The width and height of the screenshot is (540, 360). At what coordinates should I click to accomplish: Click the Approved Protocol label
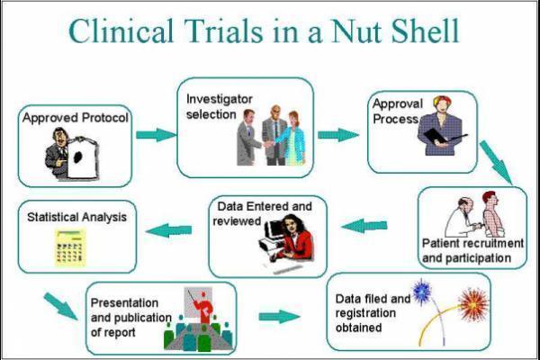click(76, 117)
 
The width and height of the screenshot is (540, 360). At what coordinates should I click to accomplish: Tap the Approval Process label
click(397, 112)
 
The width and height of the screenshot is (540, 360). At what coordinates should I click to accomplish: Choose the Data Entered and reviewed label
click(262, 213)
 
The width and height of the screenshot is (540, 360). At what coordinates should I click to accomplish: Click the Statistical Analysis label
click(76, 217)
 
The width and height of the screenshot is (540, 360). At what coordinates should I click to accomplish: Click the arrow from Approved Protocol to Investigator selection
click(157, 135)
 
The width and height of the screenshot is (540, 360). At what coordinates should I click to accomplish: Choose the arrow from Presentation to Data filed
click(278, 316)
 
